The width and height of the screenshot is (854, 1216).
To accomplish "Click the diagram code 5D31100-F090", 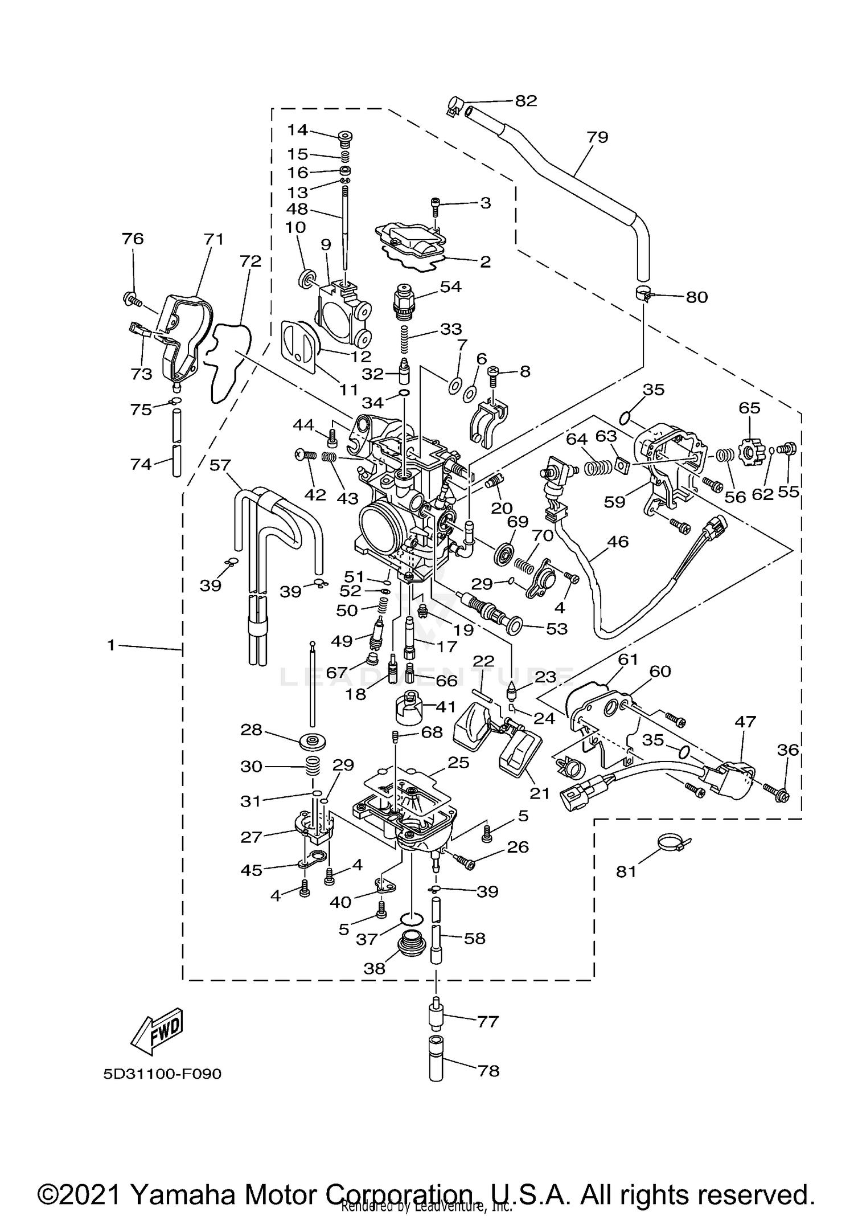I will tap(162, 1074).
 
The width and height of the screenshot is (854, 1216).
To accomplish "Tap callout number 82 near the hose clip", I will tap(525, 101).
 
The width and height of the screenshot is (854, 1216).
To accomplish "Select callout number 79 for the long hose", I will tap(597, 137).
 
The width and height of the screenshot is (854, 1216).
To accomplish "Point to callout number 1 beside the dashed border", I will tap(111, 645).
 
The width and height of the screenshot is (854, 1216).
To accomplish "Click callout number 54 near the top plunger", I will tap(450, 286).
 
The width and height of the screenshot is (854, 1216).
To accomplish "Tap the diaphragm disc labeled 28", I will tap(312, 742).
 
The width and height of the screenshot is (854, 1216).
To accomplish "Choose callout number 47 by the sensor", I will tap(745, 722).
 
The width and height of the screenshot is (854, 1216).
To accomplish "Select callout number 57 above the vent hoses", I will tap(220, 465).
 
